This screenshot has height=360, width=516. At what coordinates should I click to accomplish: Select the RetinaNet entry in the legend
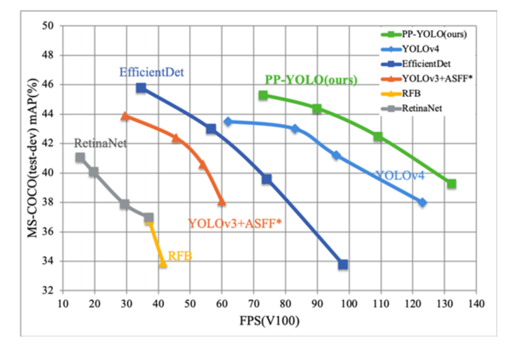[x=422, y=108]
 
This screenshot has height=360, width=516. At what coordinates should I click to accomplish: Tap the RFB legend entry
[x=411, y=93]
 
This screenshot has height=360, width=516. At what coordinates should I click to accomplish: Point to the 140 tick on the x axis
[x=476, y=303]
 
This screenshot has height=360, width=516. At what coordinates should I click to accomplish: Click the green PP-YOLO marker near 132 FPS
[x=452, y=184]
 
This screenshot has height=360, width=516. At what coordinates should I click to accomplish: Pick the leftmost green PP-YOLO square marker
[x=263, y=95]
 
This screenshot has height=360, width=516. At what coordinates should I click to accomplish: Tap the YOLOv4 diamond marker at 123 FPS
[x=423, y=202]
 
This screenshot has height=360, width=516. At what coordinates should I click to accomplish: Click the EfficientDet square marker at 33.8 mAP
[x=343, y=264]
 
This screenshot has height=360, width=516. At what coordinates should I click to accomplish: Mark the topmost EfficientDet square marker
[x=141, y=88]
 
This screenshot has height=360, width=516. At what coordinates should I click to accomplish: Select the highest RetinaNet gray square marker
[x=80, y=157]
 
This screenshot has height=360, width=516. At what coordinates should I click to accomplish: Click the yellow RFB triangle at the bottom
[x=163, y=263]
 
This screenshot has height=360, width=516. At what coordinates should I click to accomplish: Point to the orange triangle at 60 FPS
[x=221, y=201]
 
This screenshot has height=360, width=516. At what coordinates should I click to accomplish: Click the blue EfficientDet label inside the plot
[x=152, y=73]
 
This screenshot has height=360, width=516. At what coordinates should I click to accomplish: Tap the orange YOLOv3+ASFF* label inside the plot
[x=235, y=223]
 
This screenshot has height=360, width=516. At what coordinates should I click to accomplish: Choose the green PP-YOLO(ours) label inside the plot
[x=311, y=80]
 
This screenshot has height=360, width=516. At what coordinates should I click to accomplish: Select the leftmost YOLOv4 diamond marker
[x=228, y=122]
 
